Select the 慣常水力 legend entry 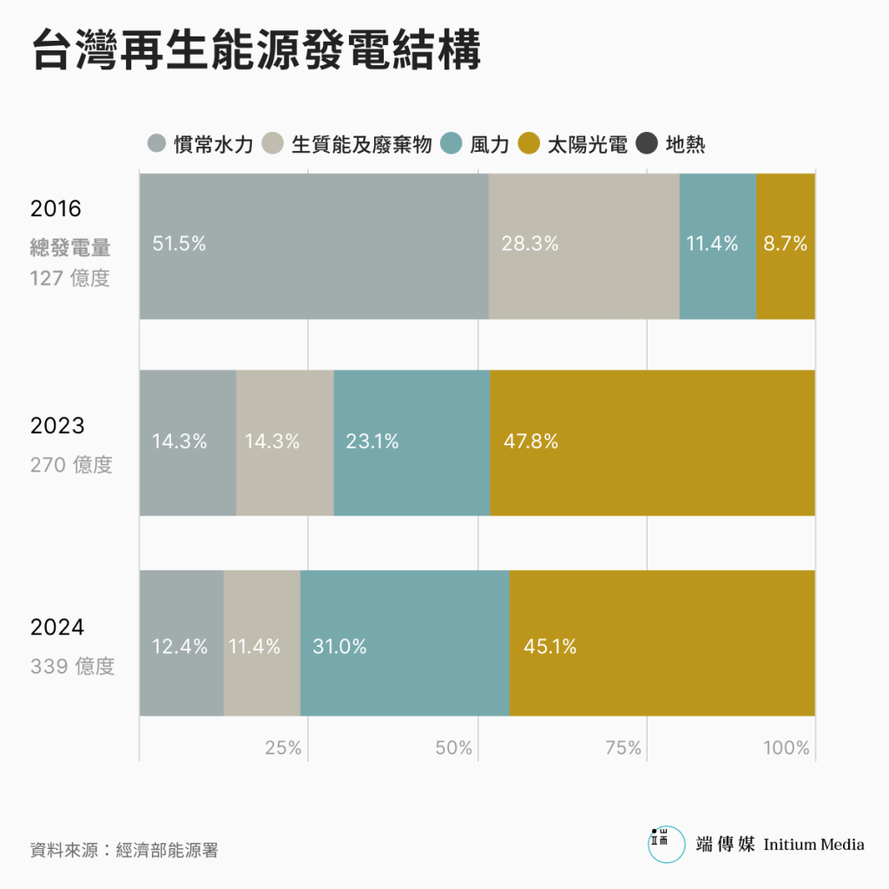point(201,144)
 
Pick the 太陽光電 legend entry point(573,144)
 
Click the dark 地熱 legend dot point(647,144)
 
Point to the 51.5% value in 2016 point(179,245)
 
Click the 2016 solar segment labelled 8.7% point(786,245)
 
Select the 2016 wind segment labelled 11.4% point(713,245)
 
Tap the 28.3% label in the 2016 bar point(530,245)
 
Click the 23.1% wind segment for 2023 point(372,442)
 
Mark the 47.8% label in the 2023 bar point(530,442)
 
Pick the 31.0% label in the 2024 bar point(339,647)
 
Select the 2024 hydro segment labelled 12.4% point(180,647)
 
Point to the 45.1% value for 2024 point(550,647)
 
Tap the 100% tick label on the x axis point(787,748)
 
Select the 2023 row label point(57,426)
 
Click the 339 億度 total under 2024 point(72,667)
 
